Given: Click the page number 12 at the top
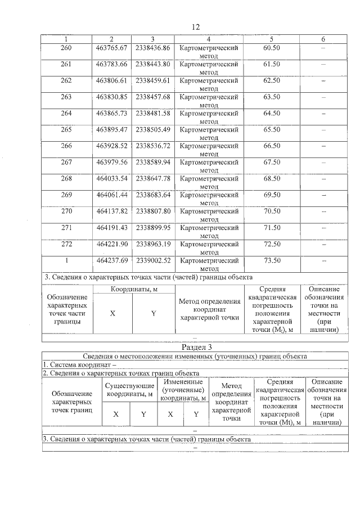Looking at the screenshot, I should point(196,27).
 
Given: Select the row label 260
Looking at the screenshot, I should point(66,48).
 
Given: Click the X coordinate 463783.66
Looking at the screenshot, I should point(112,64).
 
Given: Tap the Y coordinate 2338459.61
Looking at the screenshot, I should point(153,80).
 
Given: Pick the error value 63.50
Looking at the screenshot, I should point(272,97).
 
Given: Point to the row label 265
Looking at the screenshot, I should point(66,129).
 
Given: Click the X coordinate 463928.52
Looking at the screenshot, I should point(112,146).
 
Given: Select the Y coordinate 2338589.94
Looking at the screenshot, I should point(153,162).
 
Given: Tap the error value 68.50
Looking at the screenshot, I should point(272,178).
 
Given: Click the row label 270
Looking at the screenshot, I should point(66,211).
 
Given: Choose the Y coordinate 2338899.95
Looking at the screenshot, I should point(153,227).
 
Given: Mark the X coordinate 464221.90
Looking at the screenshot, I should point(112,244).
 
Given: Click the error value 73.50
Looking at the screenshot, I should point(272,260).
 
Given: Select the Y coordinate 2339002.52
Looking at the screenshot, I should point(153,260).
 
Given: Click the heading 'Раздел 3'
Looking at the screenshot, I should point(196,347).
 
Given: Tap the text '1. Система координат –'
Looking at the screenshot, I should point(79,364).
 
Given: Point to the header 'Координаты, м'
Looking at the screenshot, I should point(133,289).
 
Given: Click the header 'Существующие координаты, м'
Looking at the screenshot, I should point(130,389).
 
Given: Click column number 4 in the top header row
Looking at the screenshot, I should point(209,39).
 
